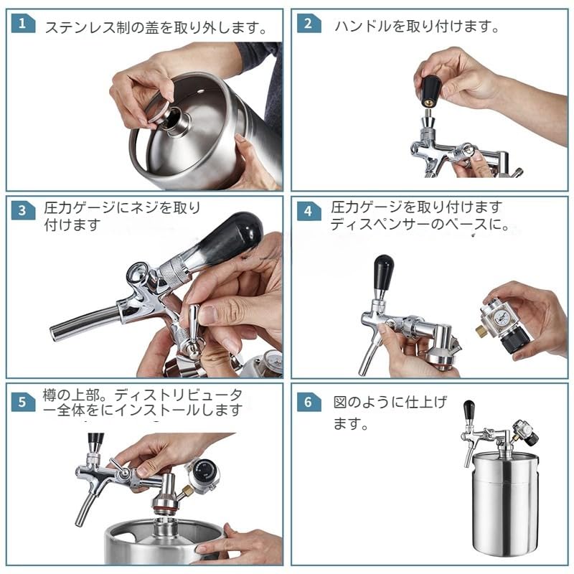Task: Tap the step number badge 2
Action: (x=309, y=24)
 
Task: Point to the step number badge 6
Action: (x=309, y=401)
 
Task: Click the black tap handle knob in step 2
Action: (x=430, y=90)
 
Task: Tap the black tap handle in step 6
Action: (x=469, y=411)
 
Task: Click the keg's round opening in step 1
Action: (x=174, y=118)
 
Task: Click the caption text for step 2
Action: (x=416, y=27)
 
